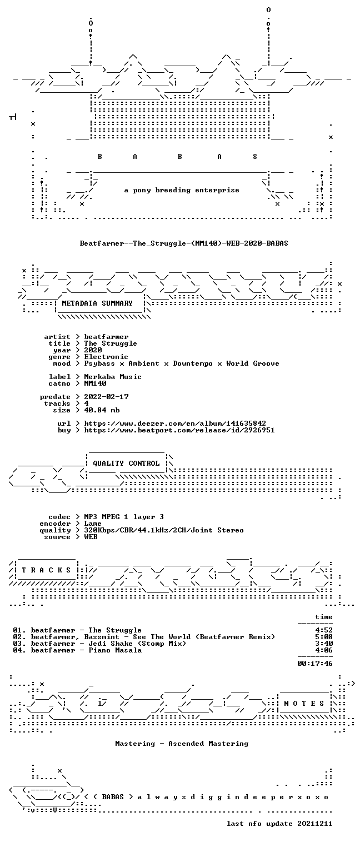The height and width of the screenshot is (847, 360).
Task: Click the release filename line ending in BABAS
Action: click(x=184, y=243)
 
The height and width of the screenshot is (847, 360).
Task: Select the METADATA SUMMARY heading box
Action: click(x=99, y=303)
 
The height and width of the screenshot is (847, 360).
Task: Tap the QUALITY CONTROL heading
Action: click(x=126, y=463)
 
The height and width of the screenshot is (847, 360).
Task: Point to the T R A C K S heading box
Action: click(x=46, y=570)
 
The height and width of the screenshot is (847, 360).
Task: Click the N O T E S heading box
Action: click(x=304, y=703)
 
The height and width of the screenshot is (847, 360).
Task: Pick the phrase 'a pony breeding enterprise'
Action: click(x=182, y=190)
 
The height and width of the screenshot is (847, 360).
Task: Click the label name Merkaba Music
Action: click(x=113, y=377)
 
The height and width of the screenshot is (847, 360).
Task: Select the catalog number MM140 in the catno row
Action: click(x=95, y=383)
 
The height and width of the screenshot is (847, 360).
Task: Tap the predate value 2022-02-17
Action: click(x=106, y=397)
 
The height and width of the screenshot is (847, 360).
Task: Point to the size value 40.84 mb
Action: click(x=102, y=410)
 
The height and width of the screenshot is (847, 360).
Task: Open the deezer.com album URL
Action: click(x=174, y=423)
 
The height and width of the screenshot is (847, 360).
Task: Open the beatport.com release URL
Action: click(x=179, y=430)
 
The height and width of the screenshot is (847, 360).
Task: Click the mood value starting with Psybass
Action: click(x=182, y=363)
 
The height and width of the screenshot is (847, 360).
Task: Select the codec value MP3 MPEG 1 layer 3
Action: click(x=124, y=517)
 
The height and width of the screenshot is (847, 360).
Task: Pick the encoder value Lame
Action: click(x=93, y=524)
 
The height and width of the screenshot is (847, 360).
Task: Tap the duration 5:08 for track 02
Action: click(x=324, y=637)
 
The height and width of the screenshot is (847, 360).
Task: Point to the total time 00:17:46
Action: click(x=315, y=664)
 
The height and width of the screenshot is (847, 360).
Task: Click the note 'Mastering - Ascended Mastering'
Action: click(x=182, y=744)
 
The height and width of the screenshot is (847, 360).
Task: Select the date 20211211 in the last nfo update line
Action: click(x=315, y=824)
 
